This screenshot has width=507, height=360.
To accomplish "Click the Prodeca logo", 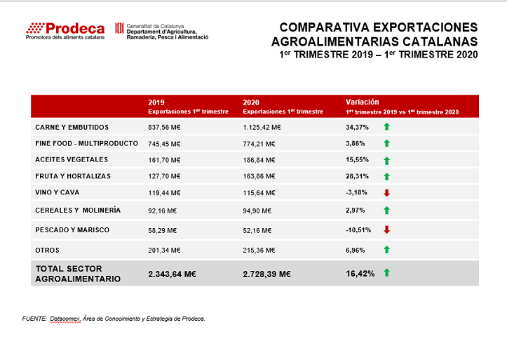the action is (x=65, y=31).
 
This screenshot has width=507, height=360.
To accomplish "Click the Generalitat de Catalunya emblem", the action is (x=119, y=28).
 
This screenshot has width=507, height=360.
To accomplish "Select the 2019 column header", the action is (x=188, y=107).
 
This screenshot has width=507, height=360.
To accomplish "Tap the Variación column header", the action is (x=402, y=107).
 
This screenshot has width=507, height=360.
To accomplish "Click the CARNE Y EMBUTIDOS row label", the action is (x=72, y=128).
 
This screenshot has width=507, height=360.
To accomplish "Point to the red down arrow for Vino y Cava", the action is (x=386, y=193).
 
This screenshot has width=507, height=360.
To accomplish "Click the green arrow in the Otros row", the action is (x=386, y=250).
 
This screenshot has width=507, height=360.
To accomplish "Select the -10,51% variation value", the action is (x=358, y=230).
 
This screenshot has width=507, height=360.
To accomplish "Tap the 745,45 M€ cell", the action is (x=164, y=144).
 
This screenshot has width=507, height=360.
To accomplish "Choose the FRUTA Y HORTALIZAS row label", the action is (x=73, y=176).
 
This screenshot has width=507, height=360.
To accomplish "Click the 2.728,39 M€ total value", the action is (x=266, y=274).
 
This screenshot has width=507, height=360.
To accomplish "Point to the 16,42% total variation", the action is (x=360, y=274).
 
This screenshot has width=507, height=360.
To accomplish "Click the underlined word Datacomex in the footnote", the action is (x=65, y=319).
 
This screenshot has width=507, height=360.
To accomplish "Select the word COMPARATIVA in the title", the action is (x=324, y=27).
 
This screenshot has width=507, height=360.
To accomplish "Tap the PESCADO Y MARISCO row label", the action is (x=72, y=230).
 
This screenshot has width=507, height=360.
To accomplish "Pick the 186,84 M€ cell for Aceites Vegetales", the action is (x=259, y=160).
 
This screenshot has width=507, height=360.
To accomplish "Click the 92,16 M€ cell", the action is (x=162, y=211).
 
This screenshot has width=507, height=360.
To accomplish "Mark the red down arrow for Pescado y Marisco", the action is (x=386, y=229).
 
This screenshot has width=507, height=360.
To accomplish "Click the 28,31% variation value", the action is (x=357, y=176).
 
